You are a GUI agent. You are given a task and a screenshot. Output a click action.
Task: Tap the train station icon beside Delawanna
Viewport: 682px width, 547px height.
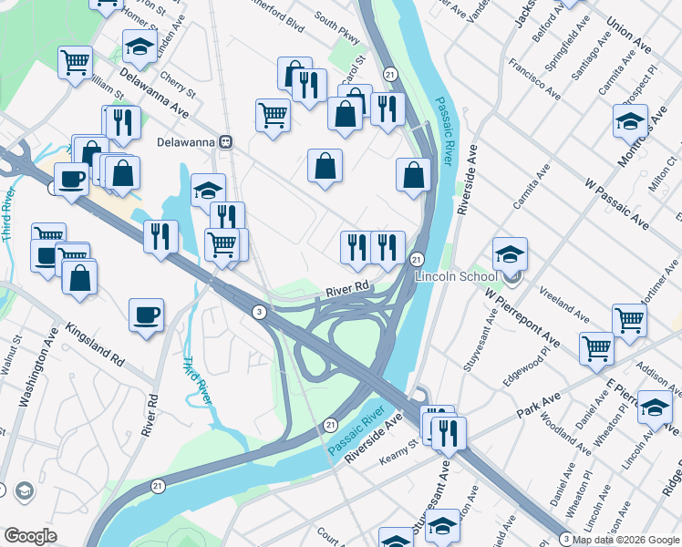(x=225, y=141)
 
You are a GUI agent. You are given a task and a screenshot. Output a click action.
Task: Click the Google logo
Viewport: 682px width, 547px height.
(x=30, y=536)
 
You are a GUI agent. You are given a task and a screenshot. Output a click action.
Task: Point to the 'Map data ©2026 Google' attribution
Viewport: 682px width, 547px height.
(x=626, y=540)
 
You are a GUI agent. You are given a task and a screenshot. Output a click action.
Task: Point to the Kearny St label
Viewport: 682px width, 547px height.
(x=400, y=444)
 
